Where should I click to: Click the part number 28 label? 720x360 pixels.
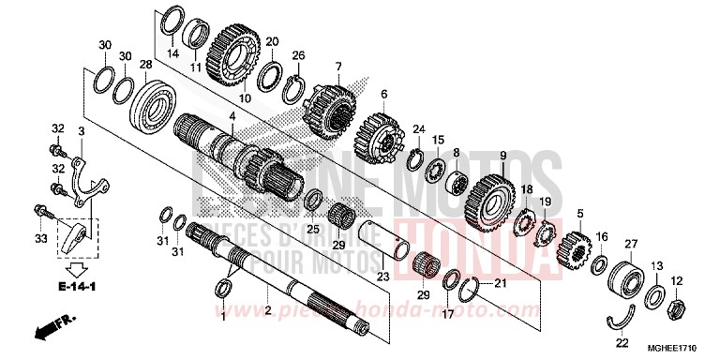click(145, 65)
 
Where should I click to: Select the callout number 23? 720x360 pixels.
click(382, 276)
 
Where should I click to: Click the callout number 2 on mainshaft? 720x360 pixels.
click(268, 310)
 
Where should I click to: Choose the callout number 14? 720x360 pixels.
click(172, 54)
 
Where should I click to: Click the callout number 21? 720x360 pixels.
click(500, 282)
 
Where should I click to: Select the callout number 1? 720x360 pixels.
click(223, 318)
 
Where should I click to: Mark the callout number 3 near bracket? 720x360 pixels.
click(82, 130)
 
